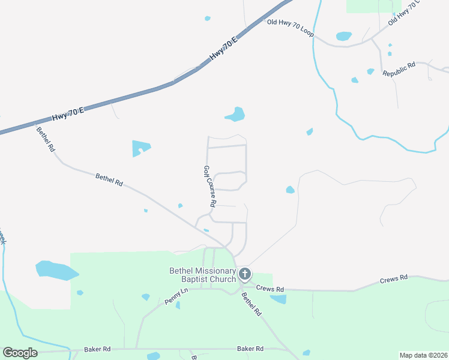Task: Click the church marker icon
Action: pos(244,275)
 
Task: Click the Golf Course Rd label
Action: pos(209,187)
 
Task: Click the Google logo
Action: pos(20,353)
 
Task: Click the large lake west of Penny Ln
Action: pos(55,270)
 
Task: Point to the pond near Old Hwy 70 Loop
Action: pos(344,36)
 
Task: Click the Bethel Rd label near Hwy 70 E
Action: pos(45,139)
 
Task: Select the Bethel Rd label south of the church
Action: pos(252,304)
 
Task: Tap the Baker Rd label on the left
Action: pos(97,349)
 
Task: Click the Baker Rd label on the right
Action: pos(250,349)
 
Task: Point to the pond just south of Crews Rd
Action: pos(277,299)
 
